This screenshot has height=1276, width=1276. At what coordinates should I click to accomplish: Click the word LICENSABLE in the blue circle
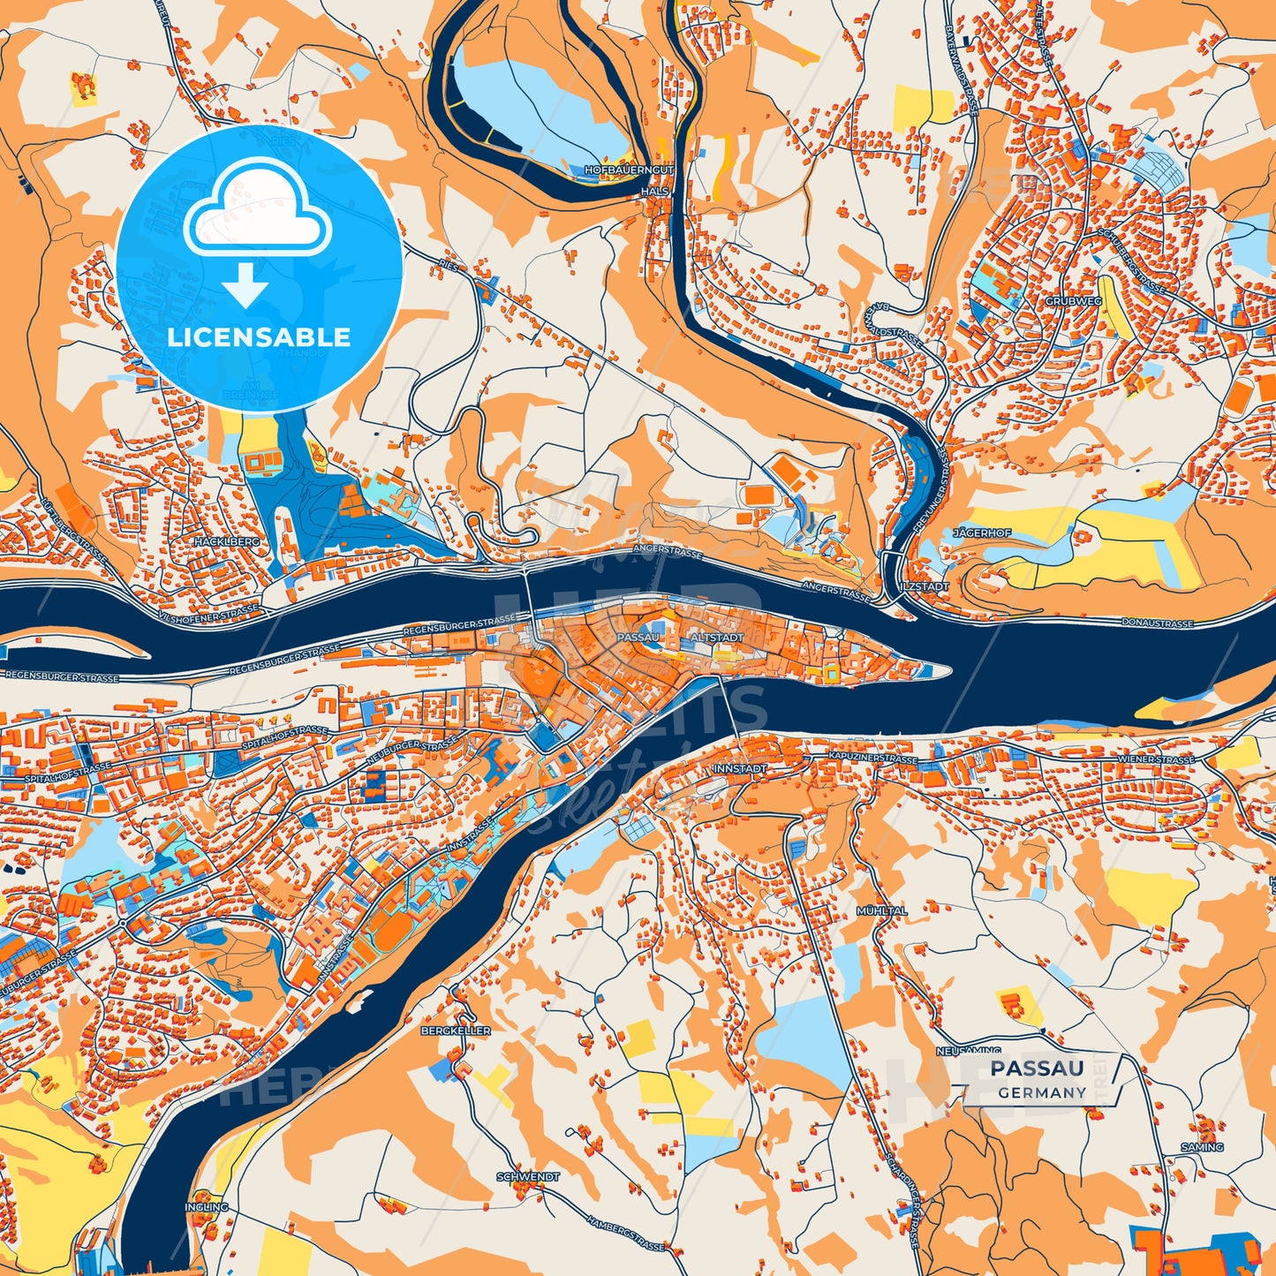point(259,337)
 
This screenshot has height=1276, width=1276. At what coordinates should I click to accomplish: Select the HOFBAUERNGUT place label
point(629,169)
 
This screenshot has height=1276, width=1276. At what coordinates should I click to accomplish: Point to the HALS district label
point(657,191)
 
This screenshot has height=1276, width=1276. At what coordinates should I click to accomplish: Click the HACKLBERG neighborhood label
point(228,540)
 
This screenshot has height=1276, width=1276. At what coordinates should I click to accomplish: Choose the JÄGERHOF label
point(982,533)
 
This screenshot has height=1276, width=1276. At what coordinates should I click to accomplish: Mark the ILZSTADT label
point(925,585)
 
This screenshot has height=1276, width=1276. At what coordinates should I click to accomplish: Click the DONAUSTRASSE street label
point(1158,623)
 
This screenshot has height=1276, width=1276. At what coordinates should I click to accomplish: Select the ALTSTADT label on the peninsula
point(717,637)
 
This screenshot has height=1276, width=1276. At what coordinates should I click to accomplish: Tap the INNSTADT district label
point(738,769)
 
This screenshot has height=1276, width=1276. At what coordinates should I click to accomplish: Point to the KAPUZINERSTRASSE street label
point(873,759)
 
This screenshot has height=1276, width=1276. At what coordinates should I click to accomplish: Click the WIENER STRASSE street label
point(1156,759)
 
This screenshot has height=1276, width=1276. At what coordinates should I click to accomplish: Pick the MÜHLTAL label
point(881,910)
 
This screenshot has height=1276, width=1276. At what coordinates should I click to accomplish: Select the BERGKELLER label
point(456,1031)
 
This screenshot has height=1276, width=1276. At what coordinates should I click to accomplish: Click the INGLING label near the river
point(207,1207)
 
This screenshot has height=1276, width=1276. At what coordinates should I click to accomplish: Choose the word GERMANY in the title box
point(1042,1092)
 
